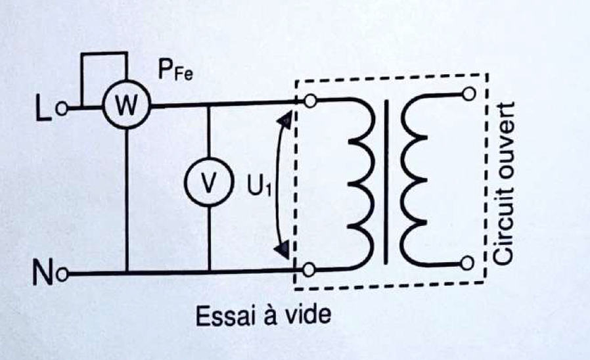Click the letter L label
coord(43,109)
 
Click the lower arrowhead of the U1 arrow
coord(284,248)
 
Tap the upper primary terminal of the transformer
coord(309,101)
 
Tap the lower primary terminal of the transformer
coord(309,268)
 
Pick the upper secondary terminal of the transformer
coord(468,94)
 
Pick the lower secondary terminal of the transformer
coord(468,263)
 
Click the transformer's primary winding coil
coord(360,184)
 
